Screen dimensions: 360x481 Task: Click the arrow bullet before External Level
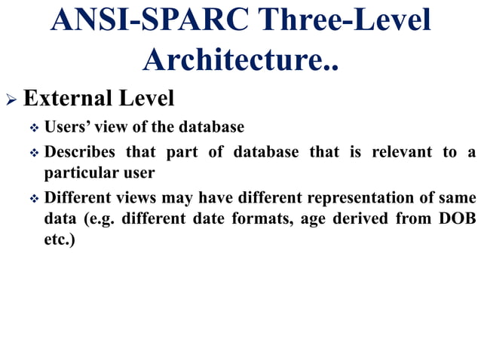[11, 99]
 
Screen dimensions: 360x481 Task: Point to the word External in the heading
[66, 98]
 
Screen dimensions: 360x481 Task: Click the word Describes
[80, 152]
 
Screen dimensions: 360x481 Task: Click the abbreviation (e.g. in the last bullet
[97, 220]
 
